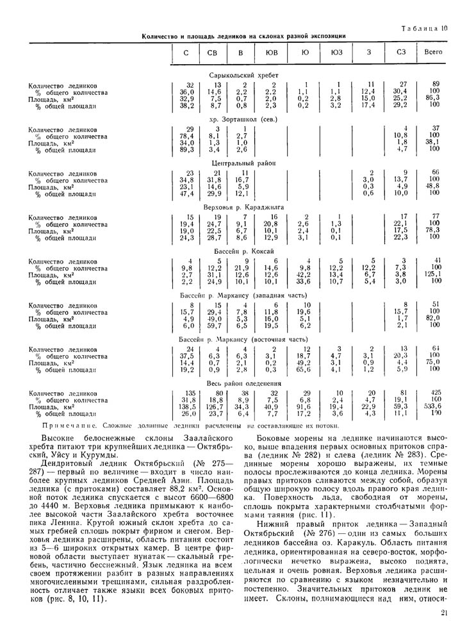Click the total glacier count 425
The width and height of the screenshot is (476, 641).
(436, 391)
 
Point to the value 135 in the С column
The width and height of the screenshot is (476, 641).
(190, 391)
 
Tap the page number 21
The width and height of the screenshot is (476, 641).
(443, 631)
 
